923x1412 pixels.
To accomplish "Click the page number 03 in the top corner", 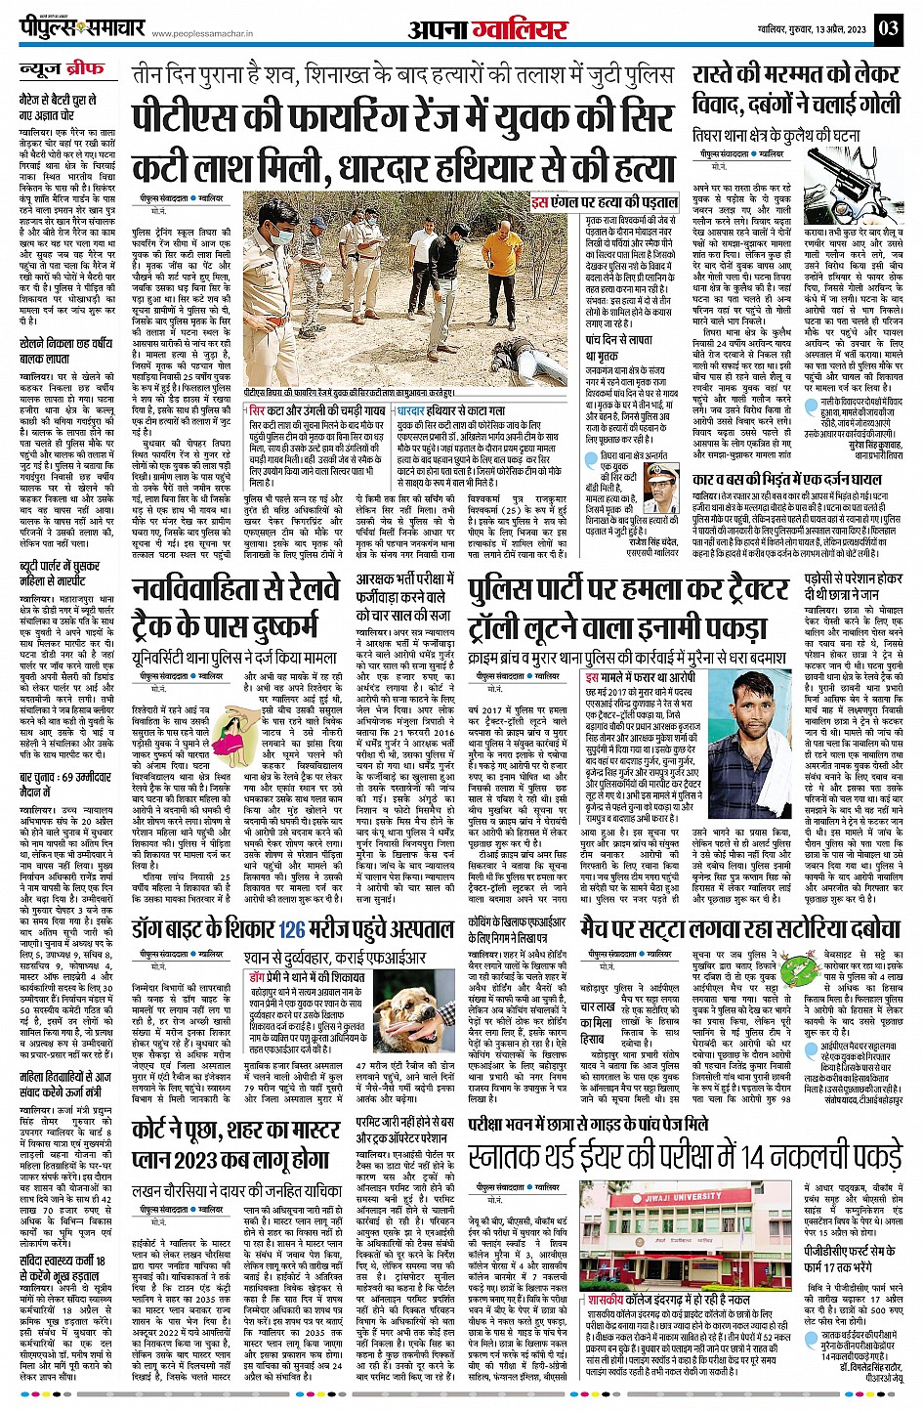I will (x=888, y=27).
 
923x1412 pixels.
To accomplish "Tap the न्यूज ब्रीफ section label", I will (x=63, y=70).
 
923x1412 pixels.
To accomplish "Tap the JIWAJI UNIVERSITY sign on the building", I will (x=685, y=1224).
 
